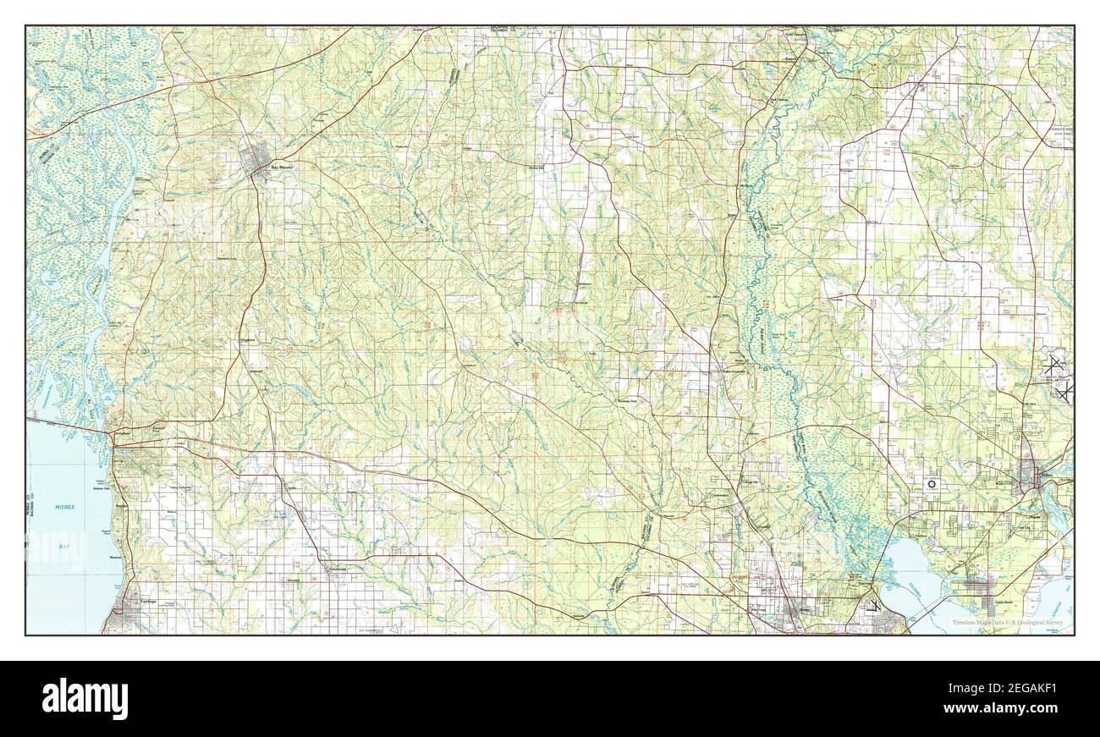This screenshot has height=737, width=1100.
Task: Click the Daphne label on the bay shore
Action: click(121, 506)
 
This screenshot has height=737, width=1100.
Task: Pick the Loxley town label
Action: click(293, 488)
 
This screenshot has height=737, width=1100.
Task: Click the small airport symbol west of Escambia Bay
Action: click(872, 604)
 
